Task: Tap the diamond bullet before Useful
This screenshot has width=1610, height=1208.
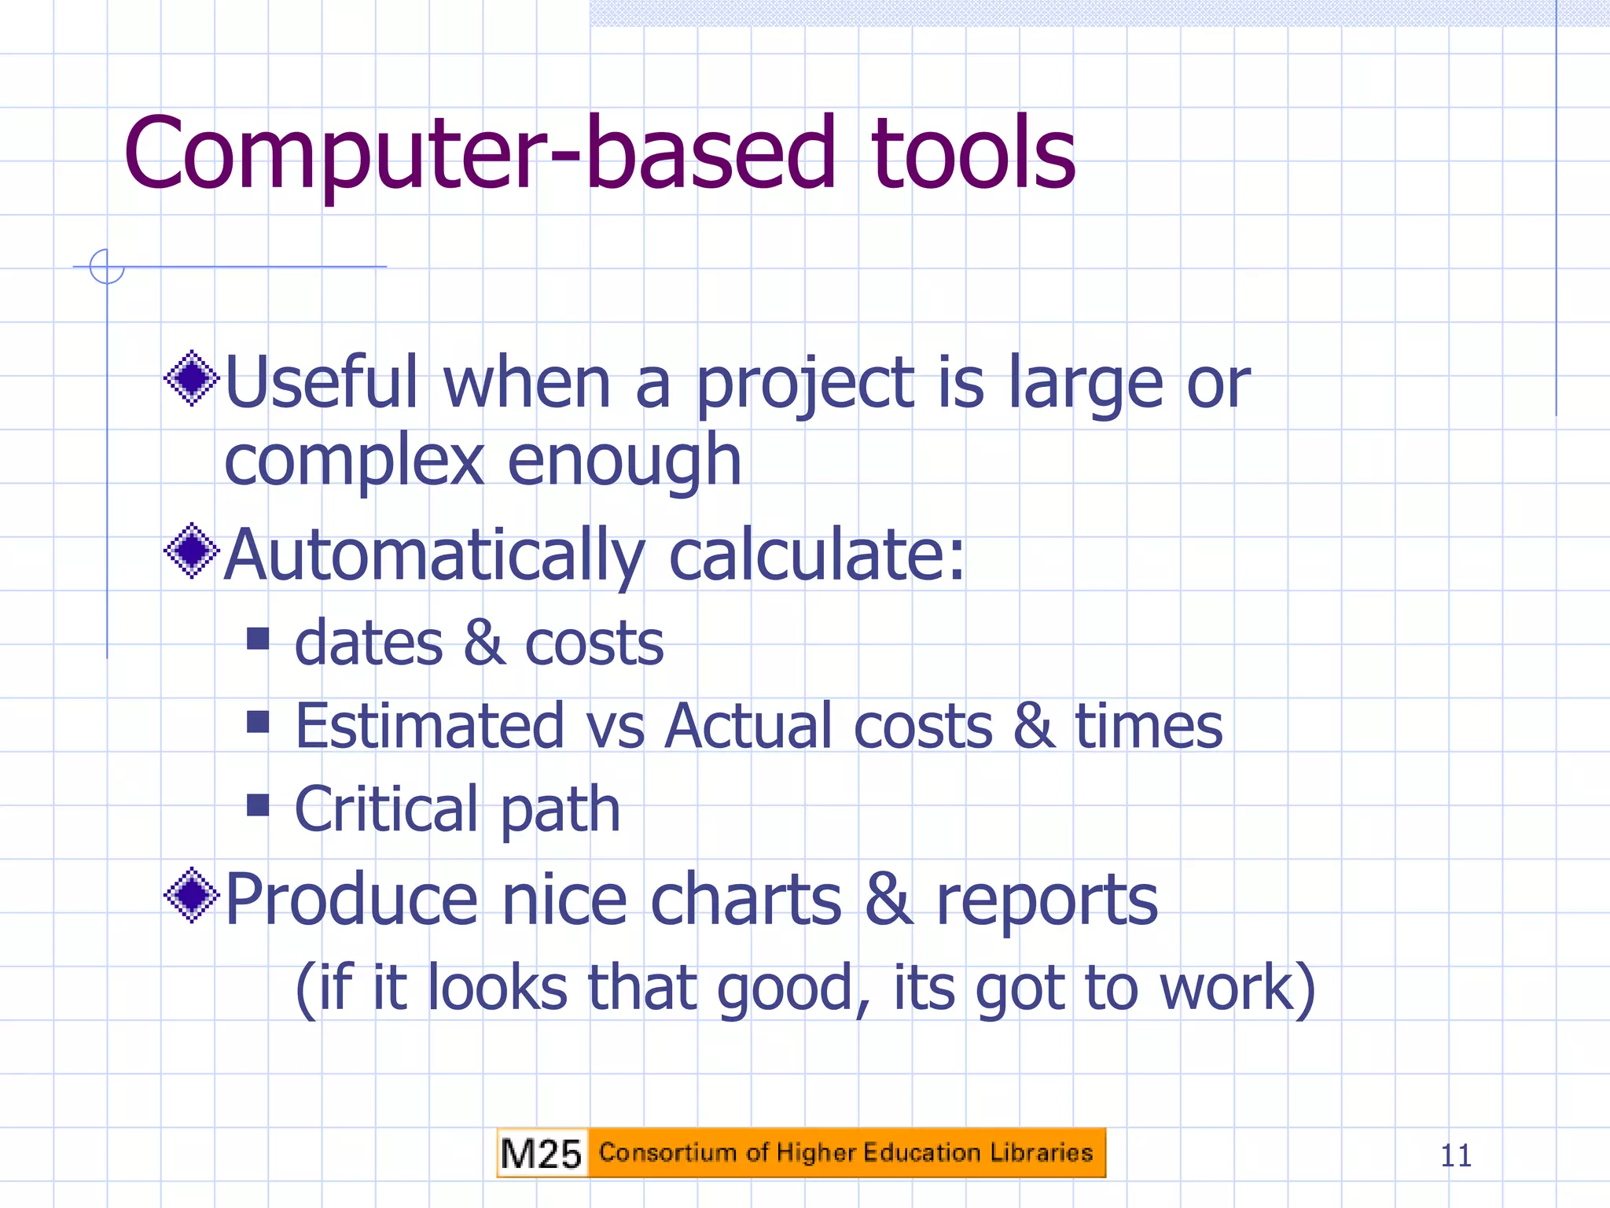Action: pyautogui.click(x=191, y=379)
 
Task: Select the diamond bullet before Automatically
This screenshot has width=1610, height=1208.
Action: pyautogui.click(x=191, y=551)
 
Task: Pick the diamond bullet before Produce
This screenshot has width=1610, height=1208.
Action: pyautogui.click(x=191, y=895)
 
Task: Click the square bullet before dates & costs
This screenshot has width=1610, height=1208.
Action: pyautogui.click(x=258, y=638)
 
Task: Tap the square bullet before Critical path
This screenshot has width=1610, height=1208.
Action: pyautogui.click(x=258, y=805)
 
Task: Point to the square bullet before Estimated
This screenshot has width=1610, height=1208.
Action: pyautogui.click(x=258, y=721)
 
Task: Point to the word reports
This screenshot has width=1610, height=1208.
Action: pyautogui.click(x=1046, y=902)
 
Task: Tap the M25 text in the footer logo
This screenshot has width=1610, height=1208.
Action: pyautogui.click(x=541, y=1154)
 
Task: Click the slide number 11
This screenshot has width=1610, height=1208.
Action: pyautogui.click(x=1455, y=1155)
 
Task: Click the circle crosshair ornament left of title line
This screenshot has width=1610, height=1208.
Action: pyautogui.click(x=107, y=267)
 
